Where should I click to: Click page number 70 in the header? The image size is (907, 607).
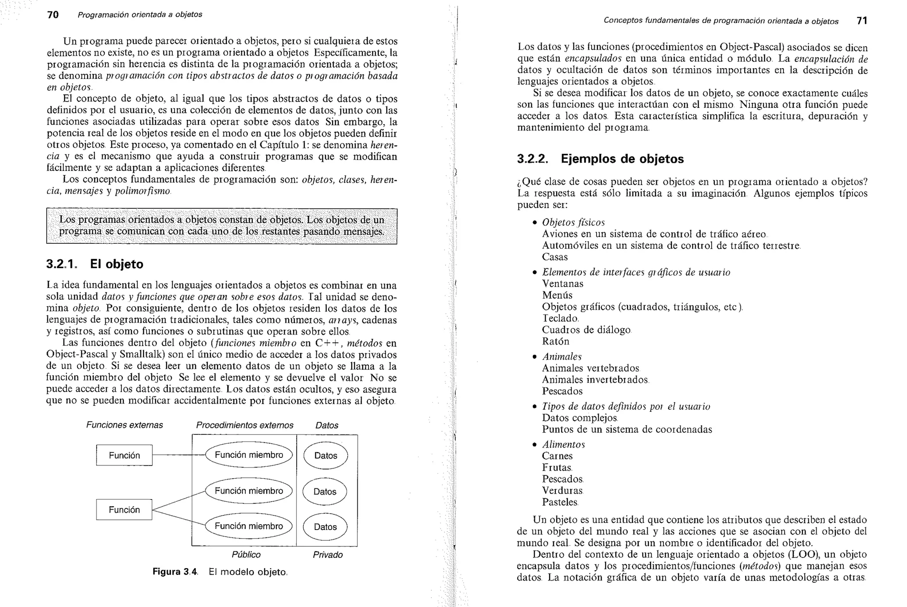53,15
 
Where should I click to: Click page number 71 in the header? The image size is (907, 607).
862,21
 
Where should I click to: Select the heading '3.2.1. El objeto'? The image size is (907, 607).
95,264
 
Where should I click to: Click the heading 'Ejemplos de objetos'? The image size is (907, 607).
622,159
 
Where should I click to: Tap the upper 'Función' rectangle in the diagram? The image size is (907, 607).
124,455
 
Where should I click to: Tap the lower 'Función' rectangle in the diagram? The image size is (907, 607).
124,510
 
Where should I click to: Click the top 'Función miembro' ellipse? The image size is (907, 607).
249,455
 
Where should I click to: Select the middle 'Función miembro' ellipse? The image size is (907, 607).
249,491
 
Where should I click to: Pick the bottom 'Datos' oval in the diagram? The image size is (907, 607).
325,526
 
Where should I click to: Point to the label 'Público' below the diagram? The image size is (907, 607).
246,555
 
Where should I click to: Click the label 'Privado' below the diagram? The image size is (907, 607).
328,555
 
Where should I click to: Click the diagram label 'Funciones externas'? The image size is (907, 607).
124,425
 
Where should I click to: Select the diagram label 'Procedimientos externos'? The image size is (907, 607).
244,425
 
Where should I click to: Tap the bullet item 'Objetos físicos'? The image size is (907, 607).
573,223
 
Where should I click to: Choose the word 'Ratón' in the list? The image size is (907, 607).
555,342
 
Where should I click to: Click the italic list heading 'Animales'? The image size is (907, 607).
562,357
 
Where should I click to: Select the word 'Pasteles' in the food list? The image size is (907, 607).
560,502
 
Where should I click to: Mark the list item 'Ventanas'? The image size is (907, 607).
562,284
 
